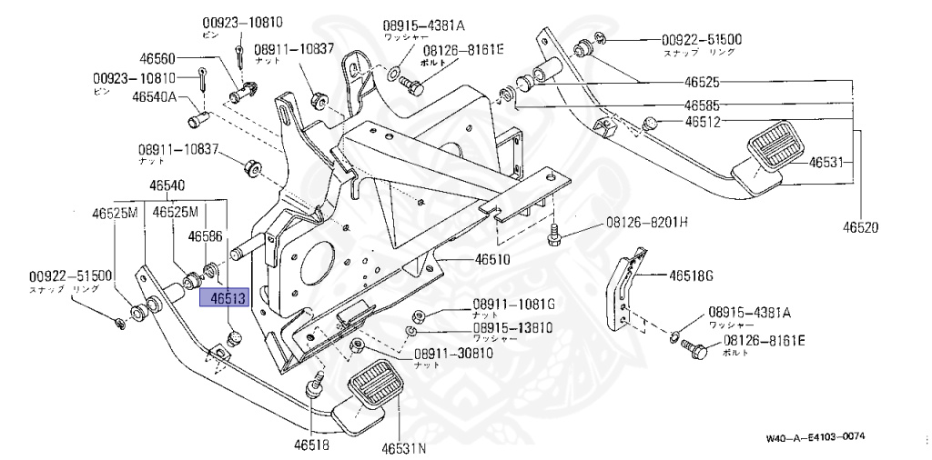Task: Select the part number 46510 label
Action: [x=491, y=259]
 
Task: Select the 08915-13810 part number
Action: [x=512, y=327]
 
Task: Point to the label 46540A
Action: [x=154, y=95]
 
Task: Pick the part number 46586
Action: [x=205, y=235]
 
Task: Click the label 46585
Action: [x=702, y=105]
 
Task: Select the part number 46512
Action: [x=702, y=121]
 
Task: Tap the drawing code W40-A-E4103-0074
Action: [x=815, y=437]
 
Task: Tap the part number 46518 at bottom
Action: [x=310, y=445]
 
